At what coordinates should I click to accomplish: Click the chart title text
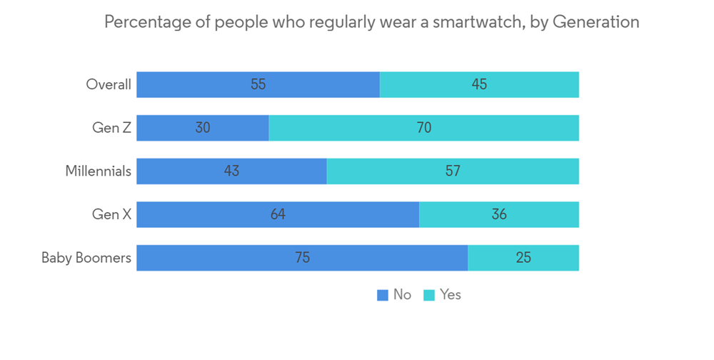tap(371, 22)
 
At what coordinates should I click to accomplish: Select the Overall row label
tap(109, 84)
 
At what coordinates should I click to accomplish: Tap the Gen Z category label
tap(111, 128)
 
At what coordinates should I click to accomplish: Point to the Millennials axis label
tap(98, 171)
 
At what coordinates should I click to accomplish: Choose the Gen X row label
tap(111, 214)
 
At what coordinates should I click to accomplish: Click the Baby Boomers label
tap(86, 258)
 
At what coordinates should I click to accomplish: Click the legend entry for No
tap(395, 295)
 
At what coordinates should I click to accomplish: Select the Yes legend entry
tap(443, 295)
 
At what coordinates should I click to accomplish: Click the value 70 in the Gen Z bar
tap(424, 128)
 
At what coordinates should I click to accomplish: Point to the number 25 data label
tap(523, 258)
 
